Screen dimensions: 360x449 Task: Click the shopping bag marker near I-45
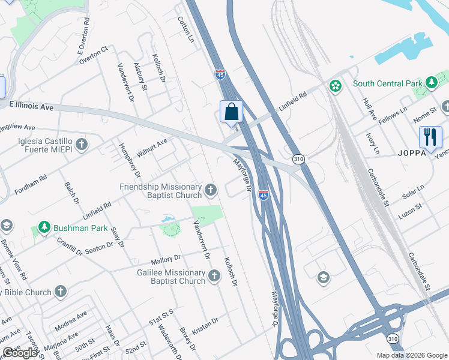point(232,112)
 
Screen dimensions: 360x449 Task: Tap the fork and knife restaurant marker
point(430,137)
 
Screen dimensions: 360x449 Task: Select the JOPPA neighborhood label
point(411,152)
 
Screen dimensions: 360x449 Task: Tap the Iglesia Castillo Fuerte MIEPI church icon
point(82,144)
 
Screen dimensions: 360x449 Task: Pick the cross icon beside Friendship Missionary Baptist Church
point(210,190)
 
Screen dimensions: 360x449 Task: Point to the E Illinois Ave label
point(32,106)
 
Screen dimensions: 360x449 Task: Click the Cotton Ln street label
point(186,29)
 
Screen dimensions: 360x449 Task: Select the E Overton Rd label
point(84,40)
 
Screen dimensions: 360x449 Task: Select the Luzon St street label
point(410,209)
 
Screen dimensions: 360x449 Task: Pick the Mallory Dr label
point(166,259)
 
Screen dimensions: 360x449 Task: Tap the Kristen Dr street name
point(205,323)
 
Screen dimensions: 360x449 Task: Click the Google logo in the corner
point(20,353)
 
